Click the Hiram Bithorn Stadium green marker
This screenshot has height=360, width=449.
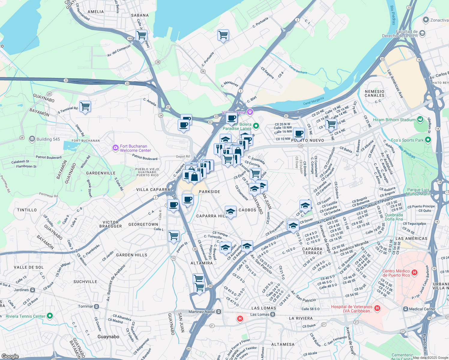coord(420,119)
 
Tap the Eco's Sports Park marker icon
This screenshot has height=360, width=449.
coord(428,140)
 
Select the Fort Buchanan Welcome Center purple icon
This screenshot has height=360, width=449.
coord(115,148)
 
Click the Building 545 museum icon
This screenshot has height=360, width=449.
coord(32,139)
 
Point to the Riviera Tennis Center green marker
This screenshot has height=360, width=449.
coord(50,316)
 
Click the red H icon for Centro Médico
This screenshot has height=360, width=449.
coord(414,273)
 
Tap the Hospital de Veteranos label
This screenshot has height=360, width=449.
coord(351,309)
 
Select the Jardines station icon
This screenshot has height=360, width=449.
coord(33,290)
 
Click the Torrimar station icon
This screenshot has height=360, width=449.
coord(97,306)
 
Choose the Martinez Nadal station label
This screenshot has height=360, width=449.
coord(202,312)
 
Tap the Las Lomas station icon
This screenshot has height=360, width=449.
coord(273,314)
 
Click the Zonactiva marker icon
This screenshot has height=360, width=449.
coord(425,20)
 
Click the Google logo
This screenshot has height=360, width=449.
coord(10,356)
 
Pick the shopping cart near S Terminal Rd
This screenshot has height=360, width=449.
coord(85,106)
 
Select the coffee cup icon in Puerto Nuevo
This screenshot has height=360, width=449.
coord(299,133)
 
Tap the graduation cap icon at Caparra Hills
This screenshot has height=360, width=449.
coord(231,211)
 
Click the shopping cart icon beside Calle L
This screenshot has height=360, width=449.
coord(174,236)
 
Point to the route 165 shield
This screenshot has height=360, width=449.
coord(130,38)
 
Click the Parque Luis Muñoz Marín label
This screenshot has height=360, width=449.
coord(418,192)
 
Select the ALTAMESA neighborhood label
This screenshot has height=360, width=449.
coord(283,344)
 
